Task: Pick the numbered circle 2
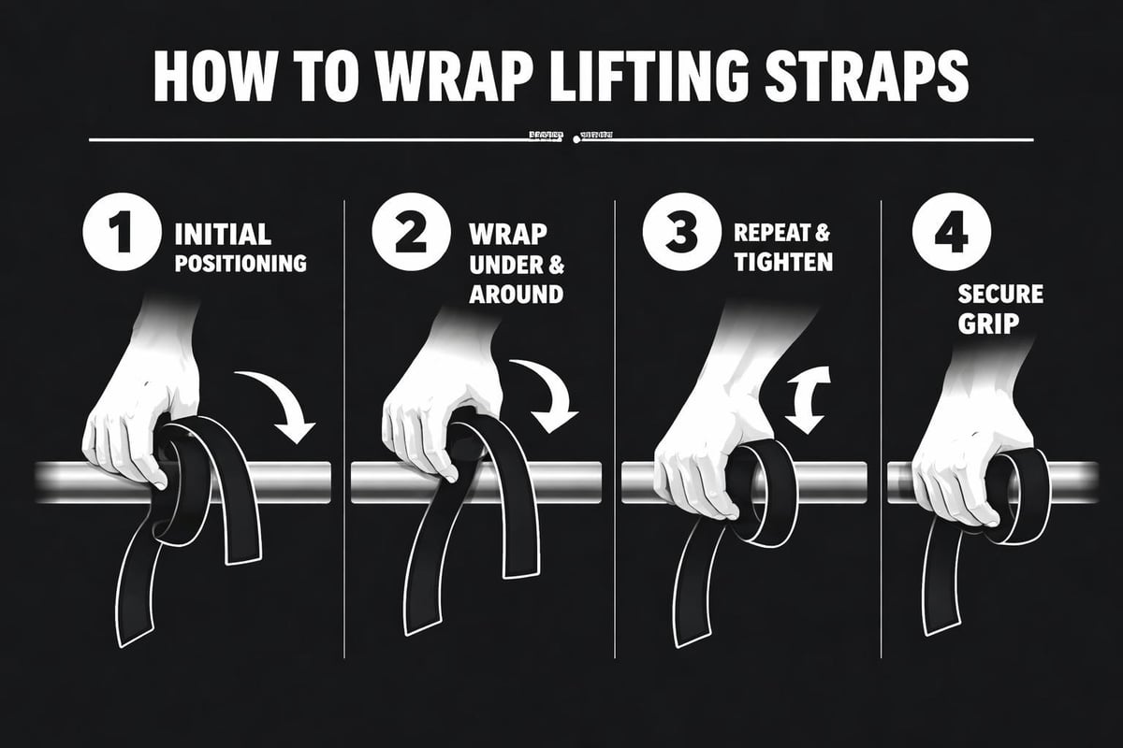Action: click(402, 234)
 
